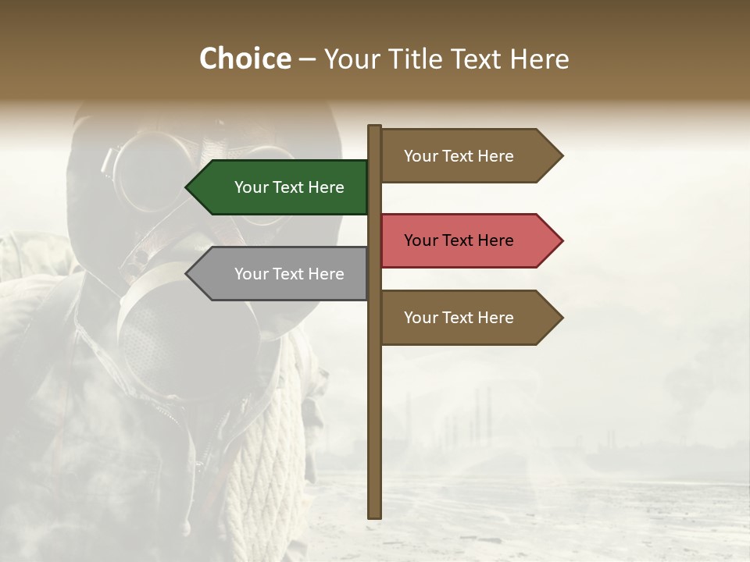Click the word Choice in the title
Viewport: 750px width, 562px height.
[245, 59]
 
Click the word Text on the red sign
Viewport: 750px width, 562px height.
[459, 240]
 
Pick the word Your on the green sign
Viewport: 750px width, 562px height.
[252, 187]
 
